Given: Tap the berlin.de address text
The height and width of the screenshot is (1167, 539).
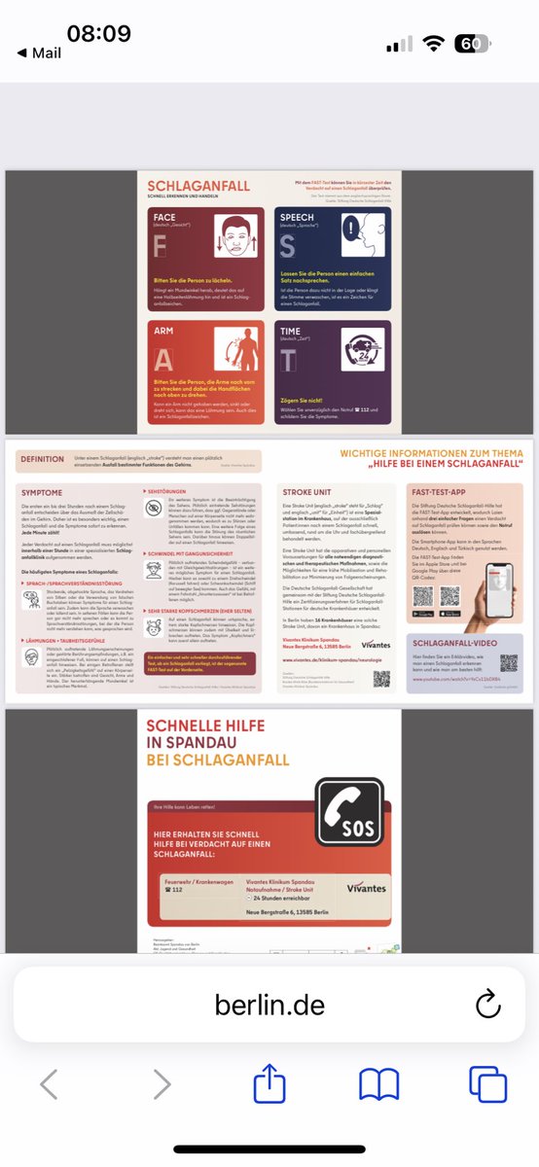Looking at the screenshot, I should click(269, 1004).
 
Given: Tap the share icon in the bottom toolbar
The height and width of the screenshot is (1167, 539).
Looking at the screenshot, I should click(269, 1084).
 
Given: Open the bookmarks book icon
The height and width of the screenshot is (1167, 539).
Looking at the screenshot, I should click(378, 1084).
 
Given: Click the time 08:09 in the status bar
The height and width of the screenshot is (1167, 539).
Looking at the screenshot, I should click(98, 33).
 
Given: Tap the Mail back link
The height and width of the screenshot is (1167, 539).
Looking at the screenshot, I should click(40, 53).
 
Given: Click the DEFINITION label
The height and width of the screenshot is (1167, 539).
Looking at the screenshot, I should click(42, 459).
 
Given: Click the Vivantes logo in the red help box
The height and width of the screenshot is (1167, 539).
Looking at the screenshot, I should click(364, 887).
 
